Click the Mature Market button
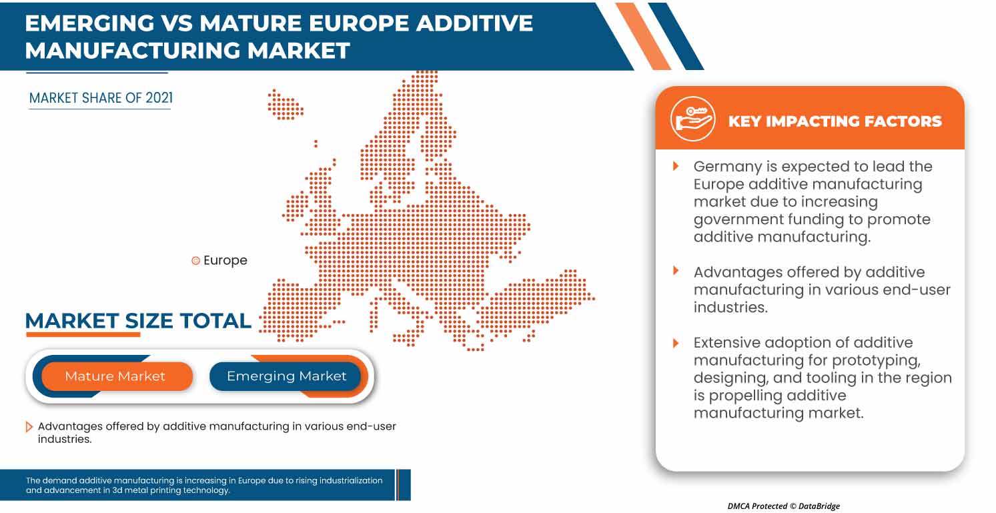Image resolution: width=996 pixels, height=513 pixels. point(115,376)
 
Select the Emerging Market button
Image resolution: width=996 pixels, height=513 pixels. point(286,376)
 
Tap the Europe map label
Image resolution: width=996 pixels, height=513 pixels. point(225,261)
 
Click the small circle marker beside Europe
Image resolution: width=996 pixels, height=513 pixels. point(195,261)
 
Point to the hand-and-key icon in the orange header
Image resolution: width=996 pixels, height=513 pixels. point(692,119)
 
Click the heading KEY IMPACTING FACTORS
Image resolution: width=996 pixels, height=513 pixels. point(835,121)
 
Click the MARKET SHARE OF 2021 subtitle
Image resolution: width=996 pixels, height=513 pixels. point(101,98)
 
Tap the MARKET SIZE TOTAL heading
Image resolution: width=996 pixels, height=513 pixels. point(138,321)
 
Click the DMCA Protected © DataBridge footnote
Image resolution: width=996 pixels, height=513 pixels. point(783,506)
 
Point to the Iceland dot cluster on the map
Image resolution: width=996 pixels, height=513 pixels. point(285,105)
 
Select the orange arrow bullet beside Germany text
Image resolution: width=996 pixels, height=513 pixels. point(676,166)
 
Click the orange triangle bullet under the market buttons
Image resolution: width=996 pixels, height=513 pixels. point(29,427)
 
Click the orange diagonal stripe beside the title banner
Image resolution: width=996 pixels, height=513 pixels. point(643,37)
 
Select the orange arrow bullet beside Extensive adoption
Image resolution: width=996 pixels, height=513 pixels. point(676,343)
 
